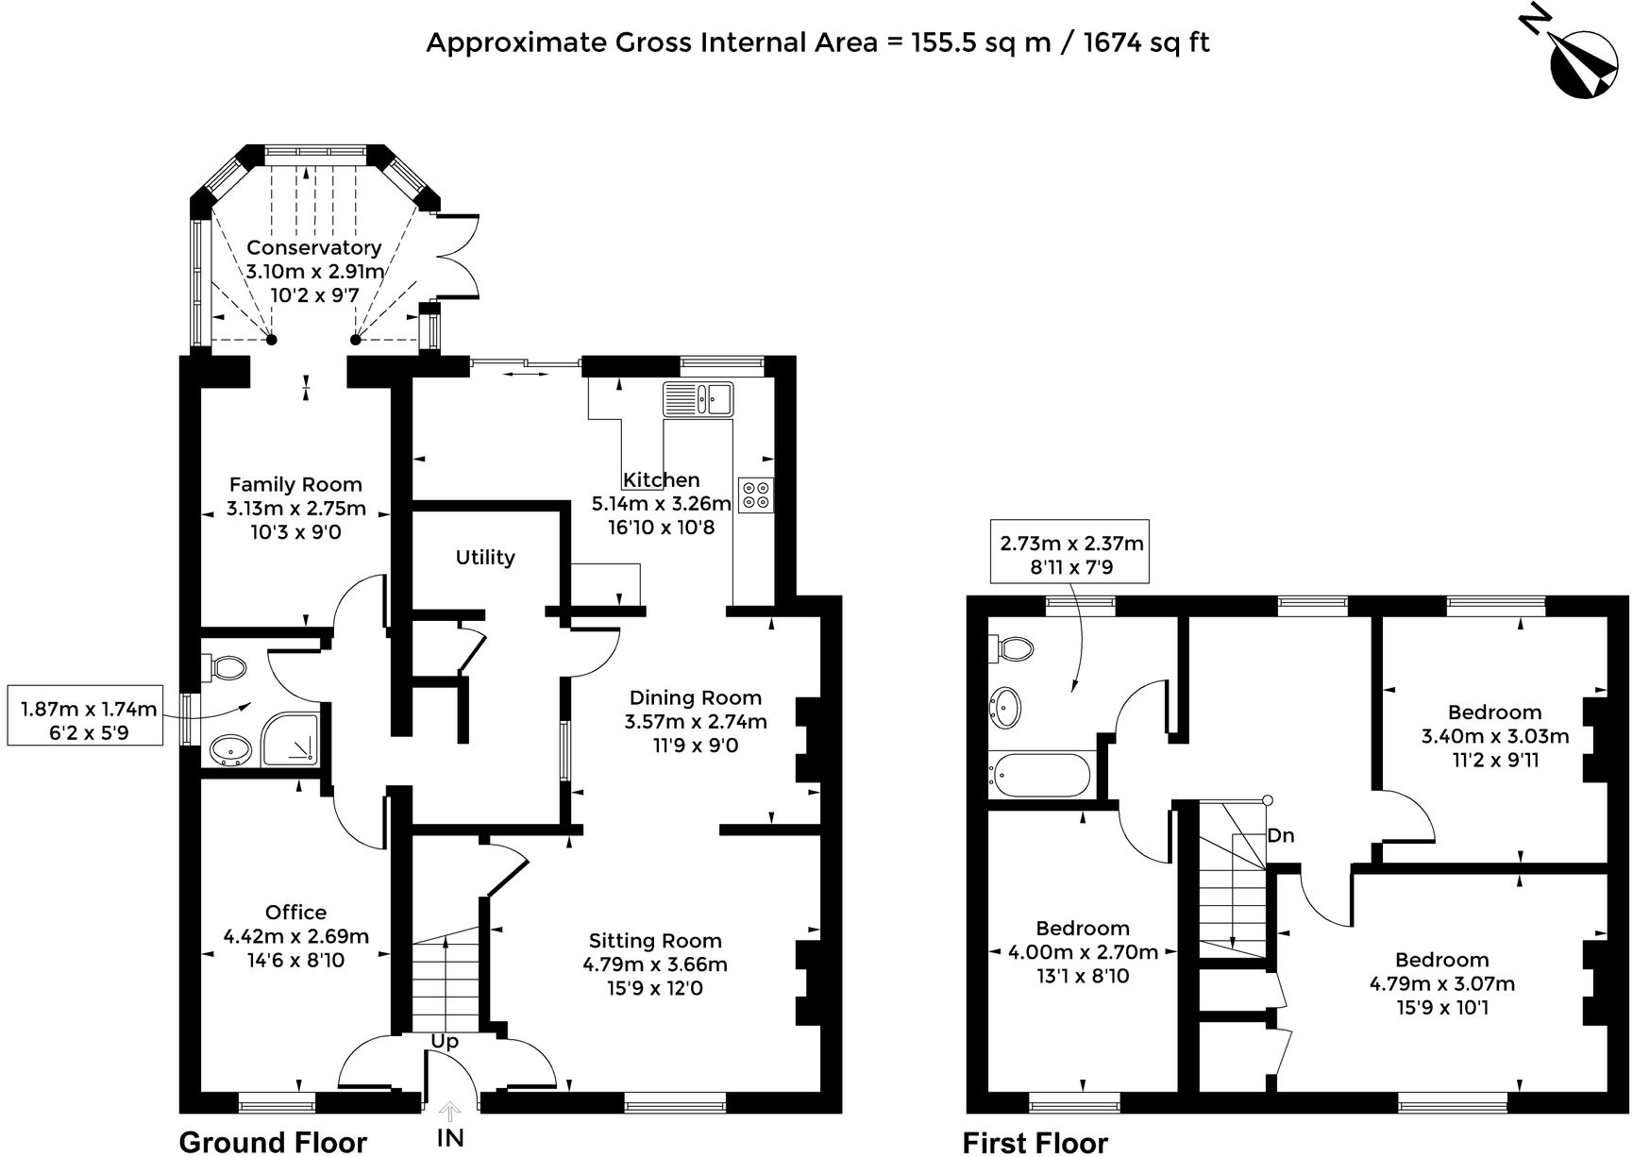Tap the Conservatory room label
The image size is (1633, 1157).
click(x=314, y=248)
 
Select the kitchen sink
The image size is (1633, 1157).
click(x=698, y=399)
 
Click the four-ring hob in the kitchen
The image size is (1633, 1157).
click(x=756, y=495)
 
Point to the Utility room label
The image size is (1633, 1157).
click(x=485, y=558)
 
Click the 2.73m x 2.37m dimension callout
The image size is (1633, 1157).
click(x=1070, y=555)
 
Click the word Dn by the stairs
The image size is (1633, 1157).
click(x=1281, y=836)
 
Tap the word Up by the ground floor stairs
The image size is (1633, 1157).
click(x=445, y=1042)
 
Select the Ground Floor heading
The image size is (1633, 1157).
click(x=273, y=1142)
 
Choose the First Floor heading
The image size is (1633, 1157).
click(x=1035, y=1142)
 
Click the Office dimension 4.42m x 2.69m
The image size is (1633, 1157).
click(x=295, y=937)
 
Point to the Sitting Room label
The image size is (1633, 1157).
click(x=655, y=941)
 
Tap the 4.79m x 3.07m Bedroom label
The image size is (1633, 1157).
click(x=1441, y=984)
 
